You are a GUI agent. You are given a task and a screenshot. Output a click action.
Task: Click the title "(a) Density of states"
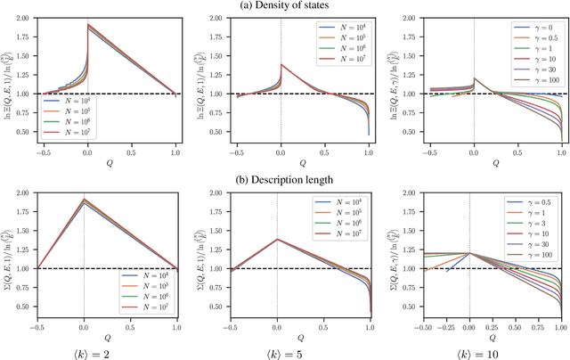[285, 7]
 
